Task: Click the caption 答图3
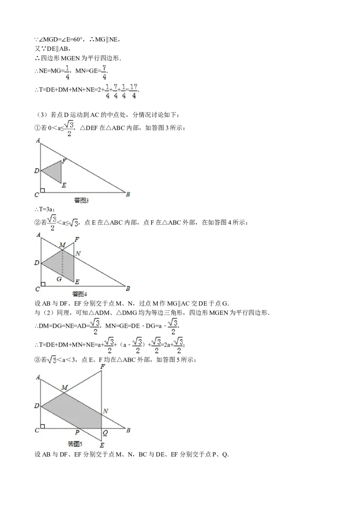(81, 201)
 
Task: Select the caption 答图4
(79, 294)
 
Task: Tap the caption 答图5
(75, 444)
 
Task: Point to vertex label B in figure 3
(128, 194)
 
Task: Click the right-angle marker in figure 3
(43, 190)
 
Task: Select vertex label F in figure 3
(64, 161)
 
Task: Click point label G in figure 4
(58, 279)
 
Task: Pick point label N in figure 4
(78, 254)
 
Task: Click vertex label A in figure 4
(38, 235)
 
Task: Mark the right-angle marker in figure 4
(43, 284)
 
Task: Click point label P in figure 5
(77, 433)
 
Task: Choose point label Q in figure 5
(105, 433)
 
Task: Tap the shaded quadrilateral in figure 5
(76, 409)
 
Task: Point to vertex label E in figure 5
(102, 445)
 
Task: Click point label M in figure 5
(64, 388)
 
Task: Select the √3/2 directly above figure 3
(68, 127)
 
